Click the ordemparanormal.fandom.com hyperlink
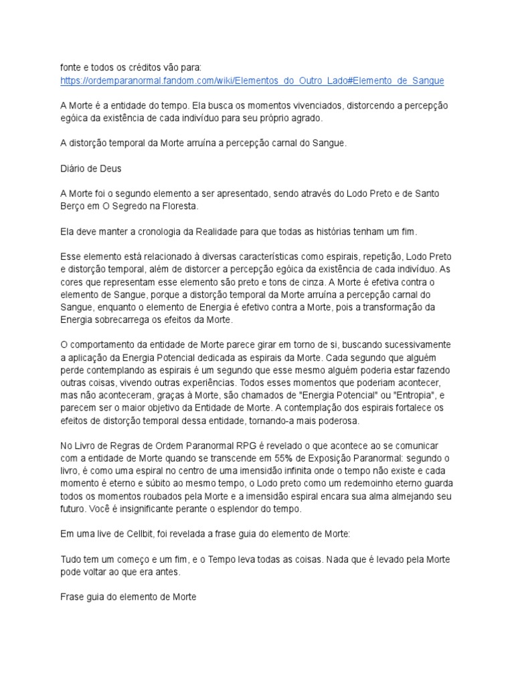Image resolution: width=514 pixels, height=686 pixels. pyautogui.click(x=252, y=81)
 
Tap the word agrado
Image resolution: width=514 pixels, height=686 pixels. pyautogui.click(x=308, y=118)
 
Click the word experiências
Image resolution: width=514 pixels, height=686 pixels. pyautogui.click(x=200, y=383)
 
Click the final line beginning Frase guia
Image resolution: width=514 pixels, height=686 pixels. pyautogui.click(x=128, y=597)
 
